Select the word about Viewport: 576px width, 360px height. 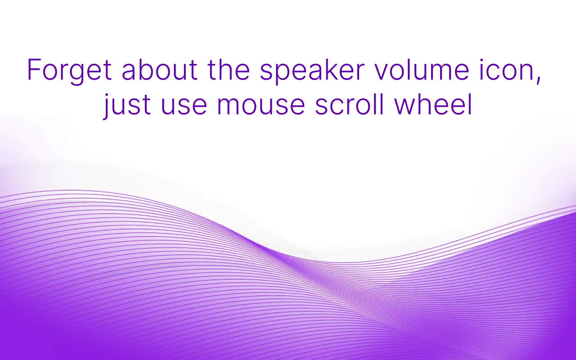(x=159, y=70)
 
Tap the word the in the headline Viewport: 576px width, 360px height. (x=229, y=70)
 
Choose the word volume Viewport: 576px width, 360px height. (x=422, y=70)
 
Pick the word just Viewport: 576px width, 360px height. (x=127, y=106)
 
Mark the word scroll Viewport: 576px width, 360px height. (x=350, y=105)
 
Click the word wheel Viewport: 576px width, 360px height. (x=433, y=105)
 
